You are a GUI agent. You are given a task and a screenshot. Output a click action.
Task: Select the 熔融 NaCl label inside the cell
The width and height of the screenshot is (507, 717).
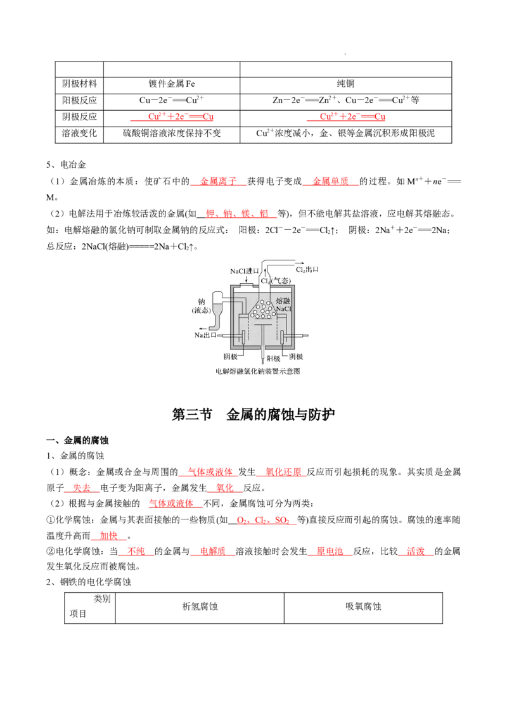283,305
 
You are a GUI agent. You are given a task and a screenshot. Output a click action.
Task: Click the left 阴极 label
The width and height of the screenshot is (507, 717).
231,357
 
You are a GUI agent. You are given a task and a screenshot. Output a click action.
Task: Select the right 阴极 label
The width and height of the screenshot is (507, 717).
295,357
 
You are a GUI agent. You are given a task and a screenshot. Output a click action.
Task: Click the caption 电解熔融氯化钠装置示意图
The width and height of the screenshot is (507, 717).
253,372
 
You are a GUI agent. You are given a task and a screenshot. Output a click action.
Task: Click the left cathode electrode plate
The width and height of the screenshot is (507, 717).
242,336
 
